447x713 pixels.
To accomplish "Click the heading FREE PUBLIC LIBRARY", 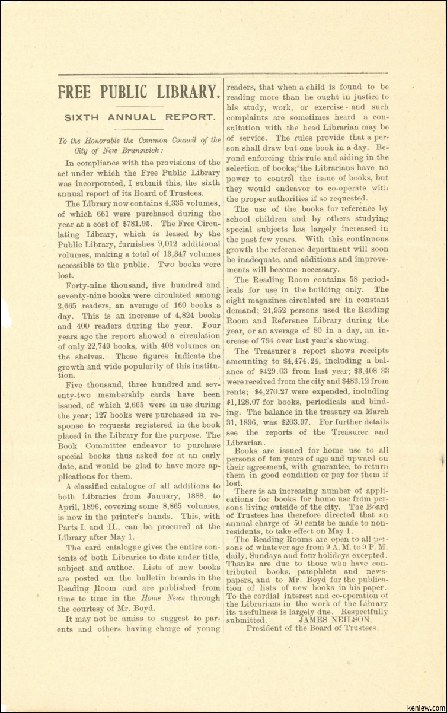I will pos(139,92).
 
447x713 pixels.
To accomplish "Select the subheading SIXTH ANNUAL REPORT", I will pos(139,117).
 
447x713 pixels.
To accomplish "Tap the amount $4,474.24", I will pos(302,361).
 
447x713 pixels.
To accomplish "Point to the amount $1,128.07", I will pos(245,402).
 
